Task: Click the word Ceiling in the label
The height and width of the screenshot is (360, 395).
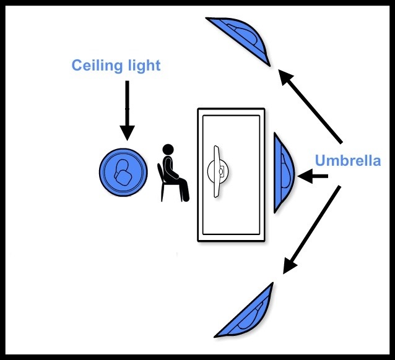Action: (x=93, y=66)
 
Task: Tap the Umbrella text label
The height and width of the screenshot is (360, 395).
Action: (x=348, y=161)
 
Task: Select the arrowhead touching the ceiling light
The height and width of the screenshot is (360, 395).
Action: (x=127, y=132)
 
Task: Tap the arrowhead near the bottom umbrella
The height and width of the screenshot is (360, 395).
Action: (x=288, y=266)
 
